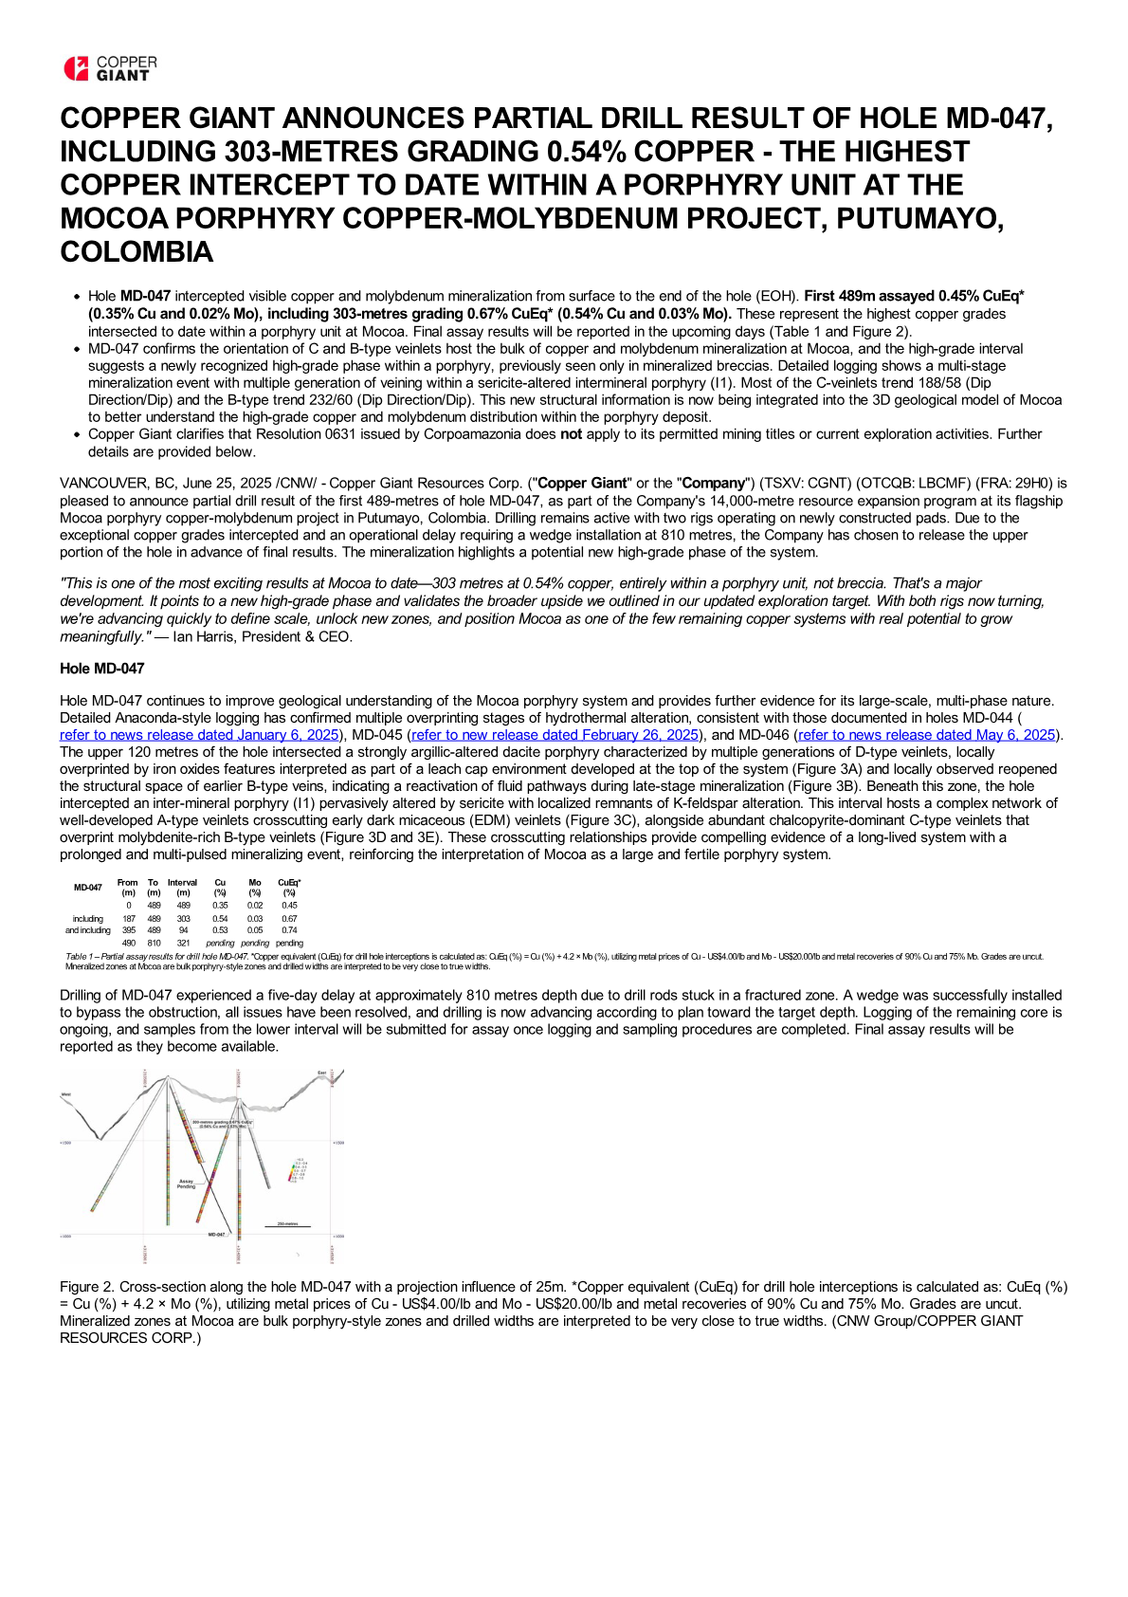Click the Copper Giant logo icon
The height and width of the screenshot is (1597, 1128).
pos(75,68)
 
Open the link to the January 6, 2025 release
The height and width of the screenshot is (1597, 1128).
pos(199,735)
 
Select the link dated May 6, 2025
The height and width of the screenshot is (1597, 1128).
pos(927,735)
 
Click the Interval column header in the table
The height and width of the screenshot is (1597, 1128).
pos(183,887)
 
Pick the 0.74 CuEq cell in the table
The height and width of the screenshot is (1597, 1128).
pos(289,930)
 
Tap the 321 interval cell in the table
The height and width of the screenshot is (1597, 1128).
pos(184,943)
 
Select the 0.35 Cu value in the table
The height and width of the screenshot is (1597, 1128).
pos(220,906)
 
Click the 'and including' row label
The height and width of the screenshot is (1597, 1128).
pos(87,930)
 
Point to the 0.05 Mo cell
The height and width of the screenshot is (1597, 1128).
pos(255,930)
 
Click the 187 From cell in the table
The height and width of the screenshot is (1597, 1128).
pos(129,918)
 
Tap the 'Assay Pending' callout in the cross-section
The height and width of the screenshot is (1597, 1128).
pos(186,1184)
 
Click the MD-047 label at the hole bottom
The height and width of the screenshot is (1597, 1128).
pos(216,1234)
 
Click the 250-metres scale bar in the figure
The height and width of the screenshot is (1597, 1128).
pos(287,1225)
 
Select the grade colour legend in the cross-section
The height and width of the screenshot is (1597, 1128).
pos(297,1169)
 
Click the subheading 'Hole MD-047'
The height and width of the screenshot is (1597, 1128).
pos(102,669)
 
